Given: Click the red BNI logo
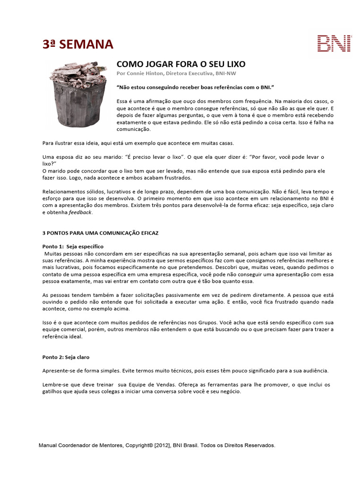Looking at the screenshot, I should pos(335,43).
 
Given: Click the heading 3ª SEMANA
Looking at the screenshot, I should pos(78,44).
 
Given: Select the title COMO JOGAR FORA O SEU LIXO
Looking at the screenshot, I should pos(181,64).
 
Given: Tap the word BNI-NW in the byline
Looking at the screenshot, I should pos(226,74).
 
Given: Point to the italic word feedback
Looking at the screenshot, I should pos(80,213).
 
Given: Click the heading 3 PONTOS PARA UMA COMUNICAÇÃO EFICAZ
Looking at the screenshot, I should pos(100,233).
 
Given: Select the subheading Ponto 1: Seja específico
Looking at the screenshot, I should pos(73,247).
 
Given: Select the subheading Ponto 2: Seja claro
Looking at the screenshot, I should pos(66,357).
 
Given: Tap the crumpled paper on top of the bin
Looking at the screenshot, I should pos(78,71).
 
